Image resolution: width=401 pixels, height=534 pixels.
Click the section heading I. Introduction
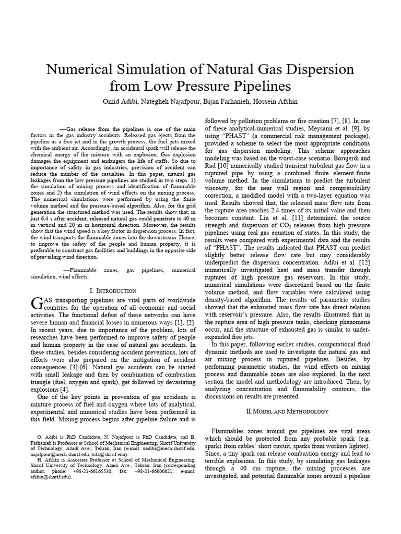pyautogui.click(x=113, y=290)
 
